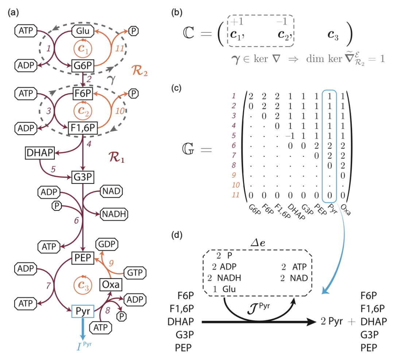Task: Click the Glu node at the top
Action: point(83,31)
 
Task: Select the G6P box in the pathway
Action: point(83,67)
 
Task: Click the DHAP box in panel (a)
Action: point(40,153)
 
